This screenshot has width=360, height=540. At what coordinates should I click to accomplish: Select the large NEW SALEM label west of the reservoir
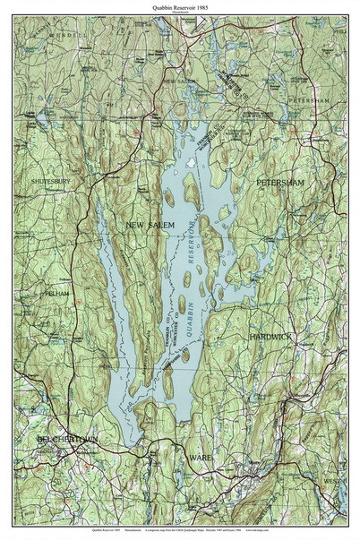[x=150, y=225]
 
